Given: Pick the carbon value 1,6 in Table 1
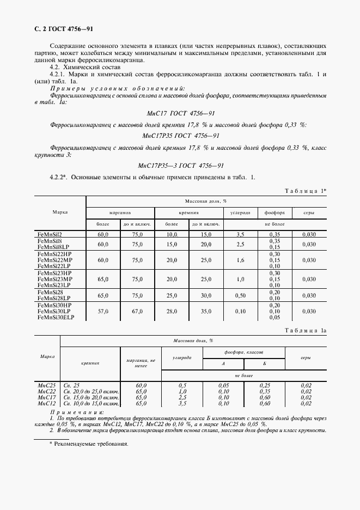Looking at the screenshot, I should coord(240,260).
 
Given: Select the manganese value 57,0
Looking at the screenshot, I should coord(103,311).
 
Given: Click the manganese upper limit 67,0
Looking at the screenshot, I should coord(137,311).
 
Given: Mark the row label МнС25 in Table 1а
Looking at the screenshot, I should coord(47,385).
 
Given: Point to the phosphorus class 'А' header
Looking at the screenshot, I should coord(222,363).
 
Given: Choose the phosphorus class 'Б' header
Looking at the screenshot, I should coord(264,363).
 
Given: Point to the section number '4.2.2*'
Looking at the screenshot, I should coord(58,178).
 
